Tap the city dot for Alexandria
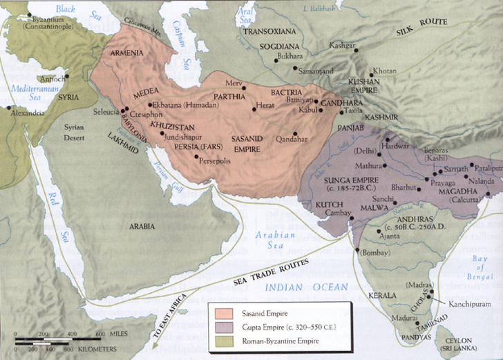(x=9, y=108)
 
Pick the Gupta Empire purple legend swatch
(x=220, y=327)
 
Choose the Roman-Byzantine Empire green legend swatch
(x=220, y=341)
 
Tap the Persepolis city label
(x=217, y=159)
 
